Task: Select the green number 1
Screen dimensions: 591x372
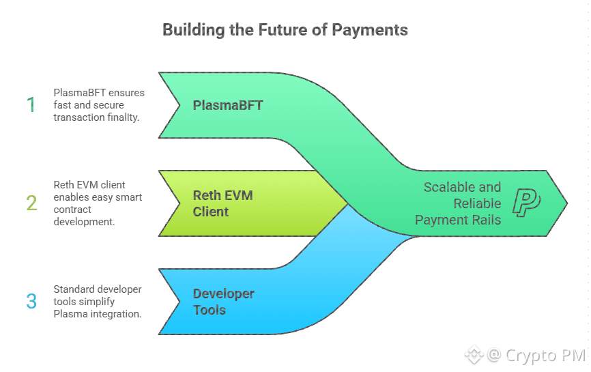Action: (x=31, y=105)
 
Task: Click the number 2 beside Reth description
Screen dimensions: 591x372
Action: (x=31, y=203)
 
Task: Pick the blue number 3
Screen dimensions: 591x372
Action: (x=31, y=301)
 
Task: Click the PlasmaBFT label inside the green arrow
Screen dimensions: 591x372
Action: (x=228, y=105)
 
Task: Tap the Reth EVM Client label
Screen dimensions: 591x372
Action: (x=222, y=203)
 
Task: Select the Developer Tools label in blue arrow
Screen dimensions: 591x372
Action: (x=223, y=302)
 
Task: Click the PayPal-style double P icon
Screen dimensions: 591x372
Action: (x=526, y=203)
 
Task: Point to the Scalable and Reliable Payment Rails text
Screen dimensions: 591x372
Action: (x=462, y=203)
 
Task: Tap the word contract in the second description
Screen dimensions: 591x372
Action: (x=73, y=209)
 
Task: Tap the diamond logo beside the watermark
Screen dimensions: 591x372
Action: (x=474, y=355)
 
